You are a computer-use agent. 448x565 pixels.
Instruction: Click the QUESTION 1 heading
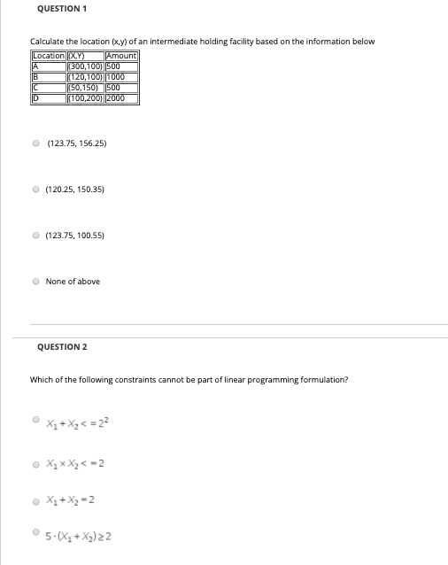pos(61,9)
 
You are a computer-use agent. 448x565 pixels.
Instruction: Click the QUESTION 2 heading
pos(61,347)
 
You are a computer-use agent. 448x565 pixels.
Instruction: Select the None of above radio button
pos(35,282)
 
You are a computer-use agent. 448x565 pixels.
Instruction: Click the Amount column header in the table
pos(121,57)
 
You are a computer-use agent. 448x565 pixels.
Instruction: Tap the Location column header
pos(48,57)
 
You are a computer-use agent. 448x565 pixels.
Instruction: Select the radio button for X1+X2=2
pos(35,499)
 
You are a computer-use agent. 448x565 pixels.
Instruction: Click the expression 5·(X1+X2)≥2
pos(79,536)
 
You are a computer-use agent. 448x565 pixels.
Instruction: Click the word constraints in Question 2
pos(129,380)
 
